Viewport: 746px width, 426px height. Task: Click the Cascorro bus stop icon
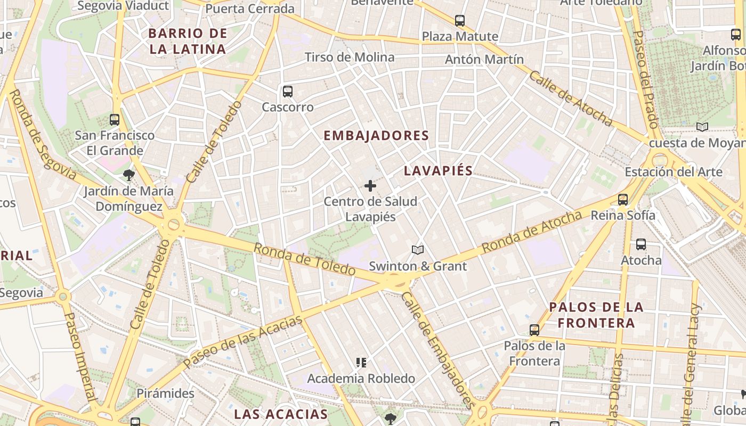[288, 92]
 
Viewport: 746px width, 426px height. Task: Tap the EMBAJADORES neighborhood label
[376, 136]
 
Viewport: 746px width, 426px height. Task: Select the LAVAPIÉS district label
[438, 171]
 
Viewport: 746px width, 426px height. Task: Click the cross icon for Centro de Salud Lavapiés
[370, 186]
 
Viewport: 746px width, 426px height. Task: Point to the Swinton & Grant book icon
[418, 250]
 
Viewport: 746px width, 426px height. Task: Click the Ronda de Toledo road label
[304, 259]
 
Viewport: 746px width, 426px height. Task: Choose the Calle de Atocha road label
[570, 99]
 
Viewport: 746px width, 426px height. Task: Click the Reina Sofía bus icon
[623, 200]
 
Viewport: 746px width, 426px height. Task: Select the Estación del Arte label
[674, 172]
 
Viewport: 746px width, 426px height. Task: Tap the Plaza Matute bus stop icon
[460, 21]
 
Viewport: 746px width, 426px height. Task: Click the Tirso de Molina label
[350, 58]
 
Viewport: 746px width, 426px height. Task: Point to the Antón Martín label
[484, 60]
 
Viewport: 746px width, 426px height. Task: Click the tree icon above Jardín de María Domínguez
[128, 175]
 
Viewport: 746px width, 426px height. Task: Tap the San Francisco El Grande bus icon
[115, 119]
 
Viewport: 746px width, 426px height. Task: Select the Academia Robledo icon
[361, 363]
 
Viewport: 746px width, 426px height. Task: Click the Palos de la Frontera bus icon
[534, 330]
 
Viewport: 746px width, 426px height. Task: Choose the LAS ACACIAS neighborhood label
[281, 414]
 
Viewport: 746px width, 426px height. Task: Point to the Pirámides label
[166, 394]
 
